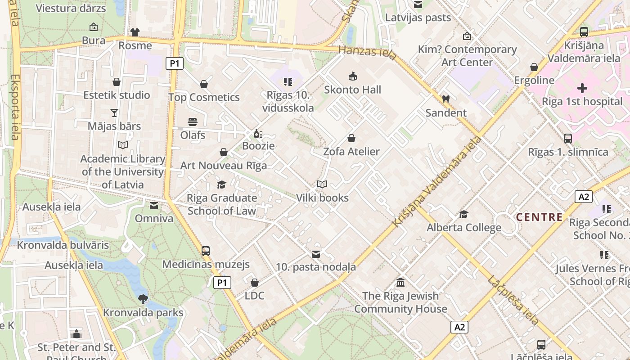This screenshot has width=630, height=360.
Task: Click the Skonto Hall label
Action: click(352, 90)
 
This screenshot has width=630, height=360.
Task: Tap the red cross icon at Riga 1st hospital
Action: click(582, 88)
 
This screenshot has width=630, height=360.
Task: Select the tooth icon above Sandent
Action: click(446, 99)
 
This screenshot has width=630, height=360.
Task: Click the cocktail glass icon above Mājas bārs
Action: click(114, 112)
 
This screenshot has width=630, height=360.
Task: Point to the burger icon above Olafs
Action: click(193, 121)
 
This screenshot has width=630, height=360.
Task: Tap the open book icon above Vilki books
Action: click(322, 184)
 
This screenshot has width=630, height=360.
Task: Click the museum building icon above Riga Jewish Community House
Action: click(400, 282)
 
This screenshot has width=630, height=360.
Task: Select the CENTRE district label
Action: click(539, 217)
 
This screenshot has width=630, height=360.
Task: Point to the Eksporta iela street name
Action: click(14, 107)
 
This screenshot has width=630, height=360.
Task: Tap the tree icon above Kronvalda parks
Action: click(143, 299)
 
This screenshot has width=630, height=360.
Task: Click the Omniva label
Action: click(154, 219)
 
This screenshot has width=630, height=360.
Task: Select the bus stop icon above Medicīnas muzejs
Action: click(206, 251)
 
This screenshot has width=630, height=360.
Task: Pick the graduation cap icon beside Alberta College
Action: click(463, 214)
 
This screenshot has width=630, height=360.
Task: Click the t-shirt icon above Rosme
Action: click(135, 32)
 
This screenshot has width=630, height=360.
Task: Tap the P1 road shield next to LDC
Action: click(222, 283)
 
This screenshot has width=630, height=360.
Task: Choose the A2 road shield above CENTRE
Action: click(583, 197)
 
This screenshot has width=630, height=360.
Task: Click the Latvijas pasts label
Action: click(418, 18)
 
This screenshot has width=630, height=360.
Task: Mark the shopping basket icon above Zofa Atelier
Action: click(351, 138)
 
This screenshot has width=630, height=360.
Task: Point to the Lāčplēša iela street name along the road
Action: click(513, 300)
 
